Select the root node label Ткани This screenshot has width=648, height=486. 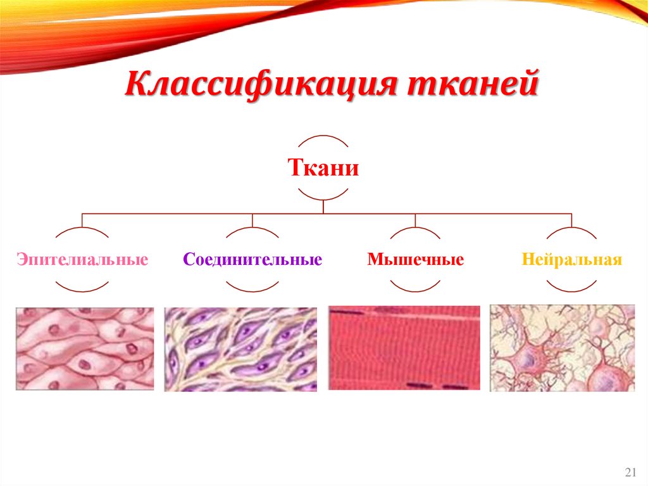tap(323, 169)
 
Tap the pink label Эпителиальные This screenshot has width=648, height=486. tap(82, 260)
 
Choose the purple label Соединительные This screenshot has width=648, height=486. tap(252, 260)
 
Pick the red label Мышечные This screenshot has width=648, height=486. tap(416, 260)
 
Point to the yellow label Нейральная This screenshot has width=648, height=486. tap(572, 260)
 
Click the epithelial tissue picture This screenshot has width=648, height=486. tap(85, 349)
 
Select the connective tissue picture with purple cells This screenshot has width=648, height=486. tap(240, 349)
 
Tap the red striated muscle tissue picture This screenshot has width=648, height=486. tap(405, 349)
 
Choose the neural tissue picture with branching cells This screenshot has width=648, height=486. tap(562, 348)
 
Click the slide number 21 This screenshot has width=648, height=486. tap(630, 472)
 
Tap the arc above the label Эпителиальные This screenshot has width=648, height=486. tap(82, 230)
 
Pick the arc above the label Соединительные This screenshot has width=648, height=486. tap(252, 230)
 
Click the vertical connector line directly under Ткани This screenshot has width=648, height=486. tap(323, 206)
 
